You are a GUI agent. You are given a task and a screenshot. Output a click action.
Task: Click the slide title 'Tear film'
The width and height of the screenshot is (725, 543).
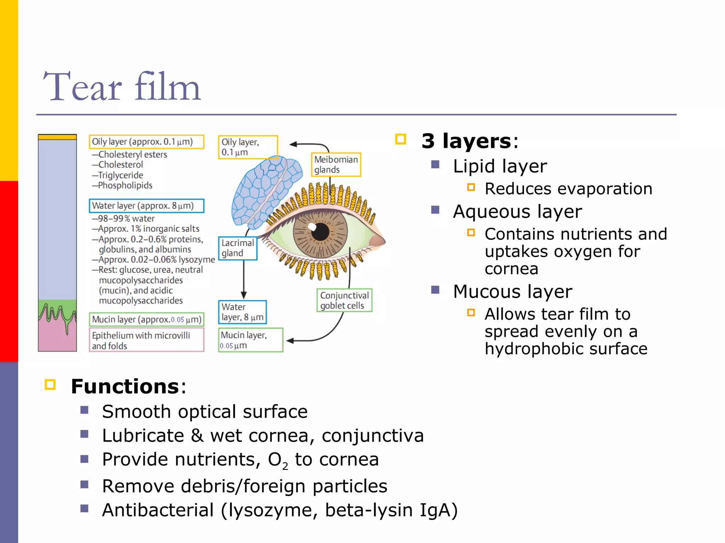point(122,87)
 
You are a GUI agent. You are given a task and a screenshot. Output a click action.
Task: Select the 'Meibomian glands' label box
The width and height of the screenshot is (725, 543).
point(336,164)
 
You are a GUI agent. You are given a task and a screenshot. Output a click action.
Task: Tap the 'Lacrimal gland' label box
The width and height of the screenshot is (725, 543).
point(238,248)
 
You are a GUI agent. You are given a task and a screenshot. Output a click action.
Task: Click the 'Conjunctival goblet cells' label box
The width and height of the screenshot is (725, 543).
point(344,300)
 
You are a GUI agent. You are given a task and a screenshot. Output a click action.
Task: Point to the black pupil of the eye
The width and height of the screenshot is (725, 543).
point(320,232)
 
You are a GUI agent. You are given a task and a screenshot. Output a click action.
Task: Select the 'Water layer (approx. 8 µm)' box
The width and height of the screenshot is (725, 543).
point(146,206)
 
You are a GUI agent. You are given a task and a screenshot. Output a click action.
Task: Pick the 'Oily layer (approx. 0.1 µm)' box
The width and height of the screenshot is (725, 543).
point(146,142)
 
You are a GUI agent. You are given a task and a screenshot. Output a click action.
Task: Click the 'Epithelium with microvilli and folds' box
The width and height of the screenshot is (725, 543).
point(146,340)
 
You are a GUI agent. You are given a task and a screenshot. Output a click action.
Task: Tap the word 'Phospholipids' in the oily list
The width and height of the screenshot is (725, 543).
point(125,185)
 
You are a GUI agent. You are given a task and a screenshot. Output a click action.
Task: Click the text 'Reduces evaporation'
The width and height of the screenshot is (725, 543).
point(568,189)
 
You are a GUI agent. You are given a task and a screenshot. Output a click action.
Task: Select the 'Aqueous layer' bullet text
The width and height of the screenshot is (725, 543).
point(517,212)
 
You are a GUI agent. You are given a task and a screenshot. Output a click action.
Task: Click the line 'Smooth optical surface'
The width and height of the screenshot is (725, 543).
point(205,411)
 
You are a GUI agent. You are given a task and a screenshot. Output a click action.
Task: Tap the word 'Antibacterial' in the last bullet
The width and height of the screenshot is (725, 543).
point(158,510)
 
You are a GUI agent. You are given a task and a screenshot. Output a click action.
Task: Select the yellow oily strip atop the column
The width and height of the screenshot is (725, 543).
point(57,137)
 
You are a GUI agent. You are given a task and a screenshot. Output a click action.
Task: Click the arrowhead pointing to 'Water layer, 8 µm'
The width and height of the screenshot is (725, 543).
point(244,295)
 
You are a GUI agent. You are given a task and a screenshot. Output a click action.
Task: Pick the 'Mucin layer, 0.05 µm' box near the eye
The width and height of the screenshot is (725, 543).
point(250,340)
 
